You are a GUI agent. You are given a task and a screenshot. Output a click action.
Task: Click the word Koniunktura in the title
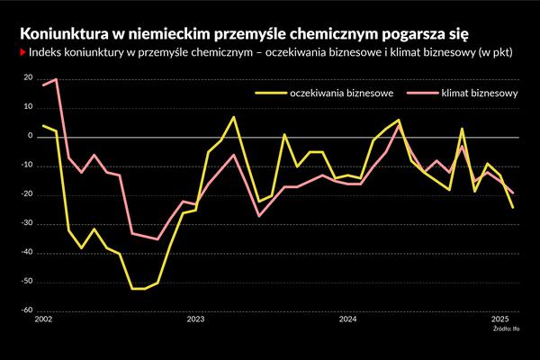point(58,33)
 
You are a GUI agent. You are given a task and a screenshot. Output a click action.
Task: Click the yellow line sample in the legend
point(269,93)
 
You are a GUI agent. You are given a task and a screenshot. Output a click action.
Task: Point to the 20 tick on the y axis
point(29,79)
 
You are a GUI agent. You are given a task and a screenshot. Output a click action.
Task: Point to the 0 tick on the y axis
point(31,137)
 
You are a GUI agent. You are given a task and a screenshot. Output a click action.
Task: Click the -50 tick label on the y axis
point(27,283)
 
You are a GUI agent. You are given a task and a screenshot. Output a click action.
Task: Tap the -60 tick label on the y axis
point(27,311)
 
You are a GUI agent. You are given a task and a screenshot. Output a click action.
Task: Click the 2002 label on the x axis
point(43,319)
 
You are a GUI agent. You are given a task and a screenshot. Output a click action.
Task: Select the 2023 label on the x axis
point(195,319)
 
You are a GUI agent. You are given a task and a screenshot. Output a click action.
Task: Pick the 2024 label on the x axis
point(348,319)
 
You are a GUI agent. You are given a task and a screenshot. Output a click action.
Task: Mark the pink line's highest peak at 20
point(56,79)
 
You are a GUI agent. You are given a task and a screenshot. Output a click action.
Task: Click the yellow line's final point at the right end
point(513,207)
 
